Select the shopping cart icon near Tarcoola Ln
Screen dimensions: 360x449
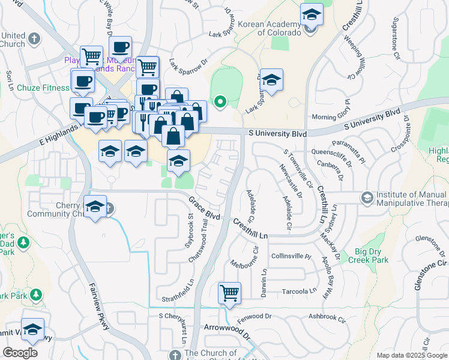229,293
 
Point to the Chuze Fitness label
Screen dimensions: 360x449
43,88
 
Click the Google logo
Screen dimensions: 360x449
20,352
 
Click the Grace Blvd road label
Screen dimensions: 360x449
204,208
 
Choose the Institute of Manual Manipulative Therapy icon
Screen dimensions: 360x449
366,197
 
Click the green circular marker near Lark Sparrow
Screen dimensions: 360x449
220,102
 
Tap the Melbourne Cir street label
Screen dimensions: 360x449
244,255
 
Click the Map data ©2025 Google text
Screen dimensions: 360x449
411,355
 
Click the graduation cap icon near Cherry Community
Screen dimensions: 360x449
94,208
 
